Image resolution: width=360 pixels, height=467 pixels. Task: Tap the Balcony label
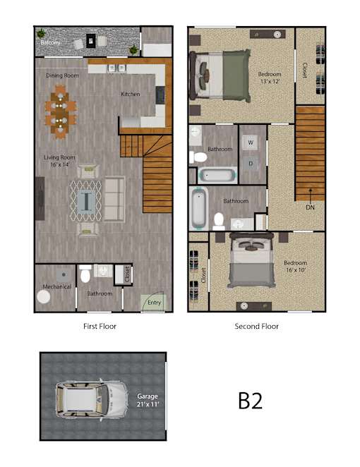(x=50, y=42)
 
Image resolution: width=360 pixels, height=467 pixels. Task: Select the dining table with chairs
(x=61, y=112)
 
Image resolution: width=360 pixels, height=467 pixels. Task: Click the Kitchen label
(x=130, y=94)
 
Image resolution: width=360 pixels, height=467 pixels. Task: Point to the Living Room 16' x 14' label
(x=59, y=161)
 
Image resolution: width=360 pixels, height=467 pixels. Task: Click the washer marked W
(x=251, y=142)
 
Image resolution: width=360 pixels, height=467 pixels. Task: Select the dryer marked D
(x=251, y=164)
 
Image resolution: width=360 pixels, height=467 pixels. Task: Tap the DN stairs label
(x=310, y=207)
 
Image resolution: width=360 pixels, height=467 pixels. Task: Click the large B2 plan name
(x=251, y=401)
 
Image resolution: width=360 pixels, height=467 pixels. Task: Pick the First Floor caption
(x=100, y=327)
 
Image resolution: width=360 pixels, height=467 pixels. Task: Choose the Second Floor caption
(x=257, y=327)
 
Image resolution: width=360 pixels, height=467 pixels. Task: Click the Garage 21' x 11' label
(x=148, y=400)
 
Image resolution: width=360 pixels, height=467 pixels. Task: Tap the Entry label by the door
(x=154, y=303)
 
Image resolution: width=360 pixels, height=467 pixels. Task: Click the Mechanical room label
(x=57, y=286)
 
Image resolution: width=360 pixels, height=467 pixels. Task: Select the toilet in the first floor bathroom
(x=85, y=274)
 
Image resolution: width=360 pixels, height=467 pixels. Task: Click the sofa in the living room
(x=114, y=199)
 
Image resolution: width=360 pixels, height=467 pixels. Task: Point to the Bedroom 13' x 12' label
(x=270, y=78)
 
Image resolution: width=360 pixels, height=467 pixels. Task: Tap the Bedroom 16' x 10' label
(x=295, y=266)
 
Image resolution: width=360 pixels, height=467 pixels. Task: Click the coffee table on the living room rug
(x=86, y=202)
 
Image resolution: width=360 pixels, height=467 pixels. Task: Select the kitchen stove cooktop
(x=160, y=95)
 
